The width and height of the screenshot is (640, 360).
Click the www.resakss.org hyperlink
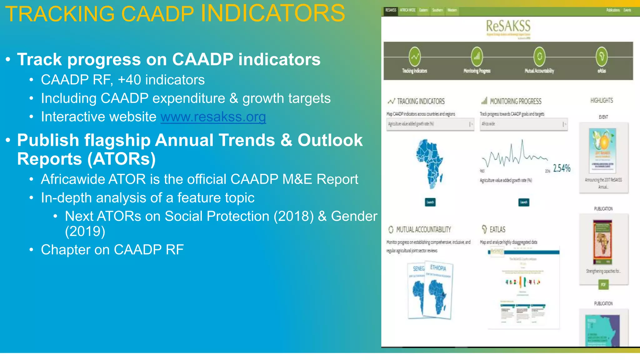click(x=213, y=117)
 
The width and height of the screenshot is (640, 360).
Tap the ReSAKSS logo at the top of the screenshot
click(x=508, y=26)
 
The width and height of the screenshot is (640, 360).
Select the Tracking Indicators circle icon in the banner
click(x=415, y=57)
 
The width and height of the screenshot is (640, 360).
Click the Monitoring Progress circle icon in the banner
click(x=477, y=57)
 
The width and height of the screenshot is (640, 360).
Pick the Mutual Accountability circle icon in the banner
click(x=539, y=57)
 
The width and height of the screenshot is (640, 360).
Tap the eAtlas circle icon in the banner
click(x=602, y=57)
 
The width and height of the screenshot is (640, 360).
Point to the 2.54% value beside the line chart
click(x=562, y=168)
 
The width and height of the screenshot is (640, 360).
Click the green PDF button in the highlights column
click(x=603, y=284)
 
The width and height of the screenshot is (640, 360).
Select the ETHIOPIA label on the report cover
click(x=438, y=268)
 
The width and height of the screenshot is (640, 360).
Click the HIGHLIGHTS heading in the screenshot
click(x=602, y=100)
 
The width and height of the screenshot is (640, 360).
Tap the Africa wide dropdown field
click(x=523, y=124)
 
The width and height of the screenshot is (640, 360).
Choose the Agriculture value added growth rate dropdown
click(x=430, y=124)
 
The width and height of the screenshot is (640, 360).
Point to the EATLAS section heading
click(x=497, y=230)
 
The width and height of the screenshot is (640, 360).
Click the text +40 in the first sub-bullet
click(x=129, y=80)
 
